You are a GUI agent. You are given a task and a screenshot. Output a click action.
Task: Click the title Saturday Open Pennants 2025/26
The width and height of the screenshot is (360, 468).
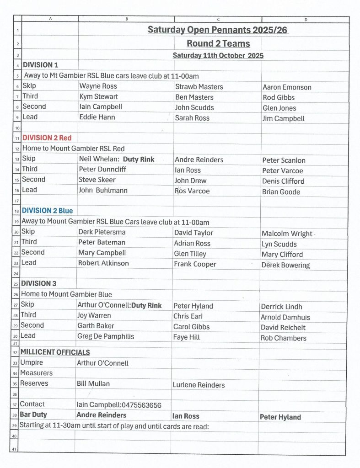coord(218,30)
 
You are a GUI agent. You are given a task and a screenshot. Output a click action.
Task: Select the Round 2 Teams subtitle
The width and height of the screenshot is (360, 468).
coord(218,43)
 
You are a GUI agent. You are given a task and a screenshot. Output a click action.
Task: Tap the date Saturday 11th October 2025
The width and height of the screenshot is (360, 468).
coord(218,56)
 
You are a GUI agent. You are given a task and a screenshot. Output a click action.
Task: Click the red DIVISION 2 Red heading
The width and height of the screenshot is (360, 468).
coord(47,138)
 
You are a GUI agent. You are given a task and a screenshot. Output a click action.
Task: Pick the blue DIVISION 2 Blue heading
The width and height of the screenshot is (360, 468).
coord(47,211)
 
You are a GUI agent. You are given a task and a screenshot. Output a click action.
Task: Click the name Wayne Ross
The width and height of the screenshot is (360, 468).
coord(98,86)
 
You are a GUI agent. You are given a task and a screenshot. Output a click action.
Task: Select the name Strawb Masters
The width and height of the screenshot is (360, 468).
coord(199,87)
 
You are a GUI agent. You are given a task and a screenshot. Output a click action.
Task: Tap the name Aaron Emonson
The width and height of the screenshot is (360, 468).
coord(287,87)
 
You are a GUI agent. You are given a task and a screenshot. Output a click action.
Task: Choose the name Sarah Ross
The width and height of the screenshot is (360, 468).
coord(192,118)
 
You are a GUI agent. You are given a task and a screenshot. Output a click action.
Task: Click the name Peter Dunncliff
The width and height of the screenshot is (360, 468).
coord(102,169)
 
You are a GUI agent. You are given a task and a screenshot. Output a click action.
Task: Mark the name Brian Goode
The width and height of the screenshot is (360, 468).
coord(281,192)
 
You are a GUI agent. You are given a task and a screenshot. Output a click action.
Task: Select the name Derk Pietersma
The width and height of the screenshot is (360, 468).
coord(102,232)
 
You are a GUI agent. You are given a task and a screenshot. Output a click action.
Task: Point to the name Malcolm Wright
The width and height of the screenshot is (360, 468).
coord(287,234)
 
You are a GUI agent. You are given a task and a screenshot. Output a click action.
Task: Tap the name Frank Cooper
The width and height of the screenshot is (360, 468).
coord(195,264)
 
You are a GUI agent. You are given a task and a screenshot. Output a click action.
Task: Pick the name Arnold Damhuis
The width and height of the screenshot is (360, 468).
coord(285,317)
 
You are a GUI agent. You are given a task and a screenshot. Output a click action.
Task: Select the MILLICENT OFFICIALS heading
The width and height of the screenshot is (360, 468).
coord(55,352)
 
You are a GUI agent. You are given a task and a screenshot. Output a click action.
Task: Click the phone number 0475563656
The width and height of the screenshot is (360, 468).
coord(141,405)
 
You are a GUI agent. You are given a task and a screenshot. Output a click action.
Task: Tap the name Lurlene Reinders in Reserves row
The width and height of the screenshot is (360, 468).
coord(199,385)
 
